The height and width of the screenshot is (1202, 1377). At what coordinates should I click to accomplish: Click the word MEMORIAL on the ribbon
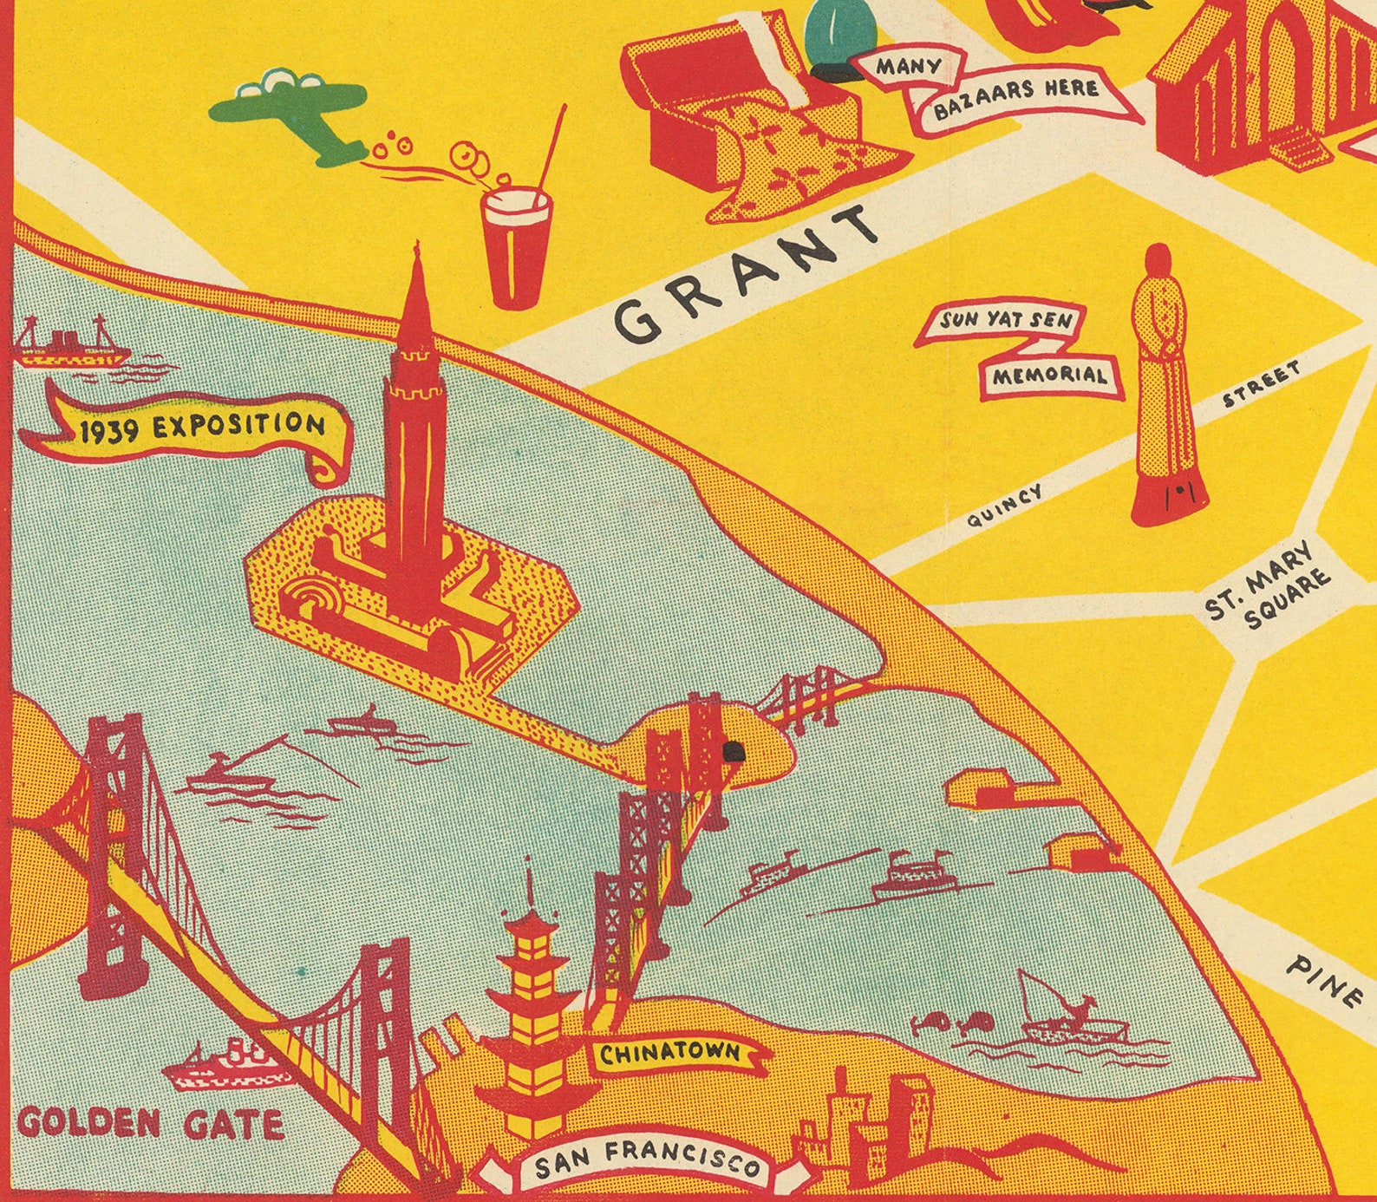pos(1049,376)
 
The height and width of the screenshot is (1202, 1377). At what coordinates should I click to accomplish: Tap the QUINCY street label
pos(1005,506)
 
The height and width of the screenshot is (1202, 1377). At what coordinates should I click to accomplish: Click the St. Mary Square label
pos(1268,590)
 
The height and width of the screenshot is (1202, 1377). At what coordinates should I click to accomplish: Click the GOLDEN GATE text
pos(149,1124)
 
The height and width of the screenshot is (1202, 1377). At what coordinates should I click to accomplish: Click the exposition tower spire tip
pos(418,246)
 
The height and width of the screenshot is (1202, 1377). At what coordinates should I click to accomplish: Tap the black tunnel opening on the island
pos(734,752)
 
